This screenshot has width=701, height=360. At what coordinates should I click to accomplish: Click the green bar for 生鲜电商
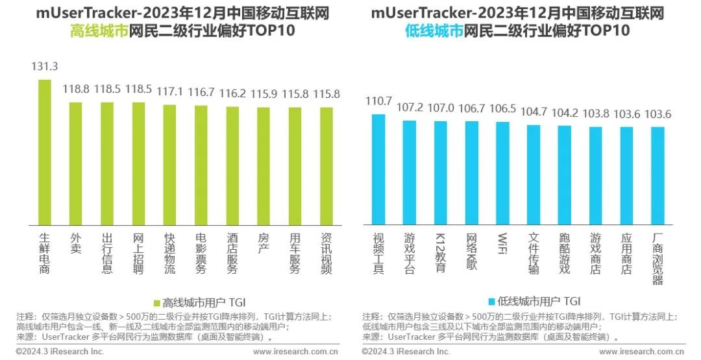click(x=44, y=152)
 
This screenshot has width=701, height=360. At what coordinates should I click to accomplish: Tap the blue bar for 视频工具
click(x=378, y=169)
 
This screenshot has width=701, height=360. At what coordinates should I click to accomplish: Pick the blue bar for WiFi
click(x=502, y=173)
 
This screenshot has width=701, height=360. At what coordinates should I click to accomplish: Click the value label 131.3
click(x=44, y=66)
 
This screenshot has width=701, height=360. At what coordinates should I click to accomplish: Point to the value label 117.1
click(x=169, y=93)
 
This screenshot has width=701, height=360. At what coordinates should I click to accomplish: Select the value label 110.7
click(x=378, y=101)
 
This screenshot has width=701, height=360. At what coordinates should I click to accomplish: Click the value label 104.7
click(x=534, y=112)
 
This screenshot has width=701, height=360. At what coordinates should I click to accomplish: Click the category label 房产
click(x=264, y=245)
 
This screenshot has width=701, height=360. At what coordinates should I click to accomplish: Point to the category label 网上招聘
click(x=138, y=254)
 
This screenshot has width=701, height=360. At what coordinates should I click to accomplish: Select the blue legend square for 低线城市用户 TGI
click(x=491, y=302)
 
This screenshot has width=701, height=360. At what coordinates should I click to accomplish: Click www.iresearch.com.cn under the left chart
click(x=295, y=352)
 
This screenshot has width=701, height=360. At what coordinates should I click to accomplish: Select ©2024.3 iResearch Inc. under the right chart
click(x=406, y=352)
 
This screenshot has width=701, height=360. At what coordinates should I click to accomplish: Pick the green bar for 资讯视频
click(x=326, y=166)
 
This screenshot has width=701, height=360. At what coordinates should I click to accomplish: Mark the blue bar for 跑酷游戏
click(x=565, y=175)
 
